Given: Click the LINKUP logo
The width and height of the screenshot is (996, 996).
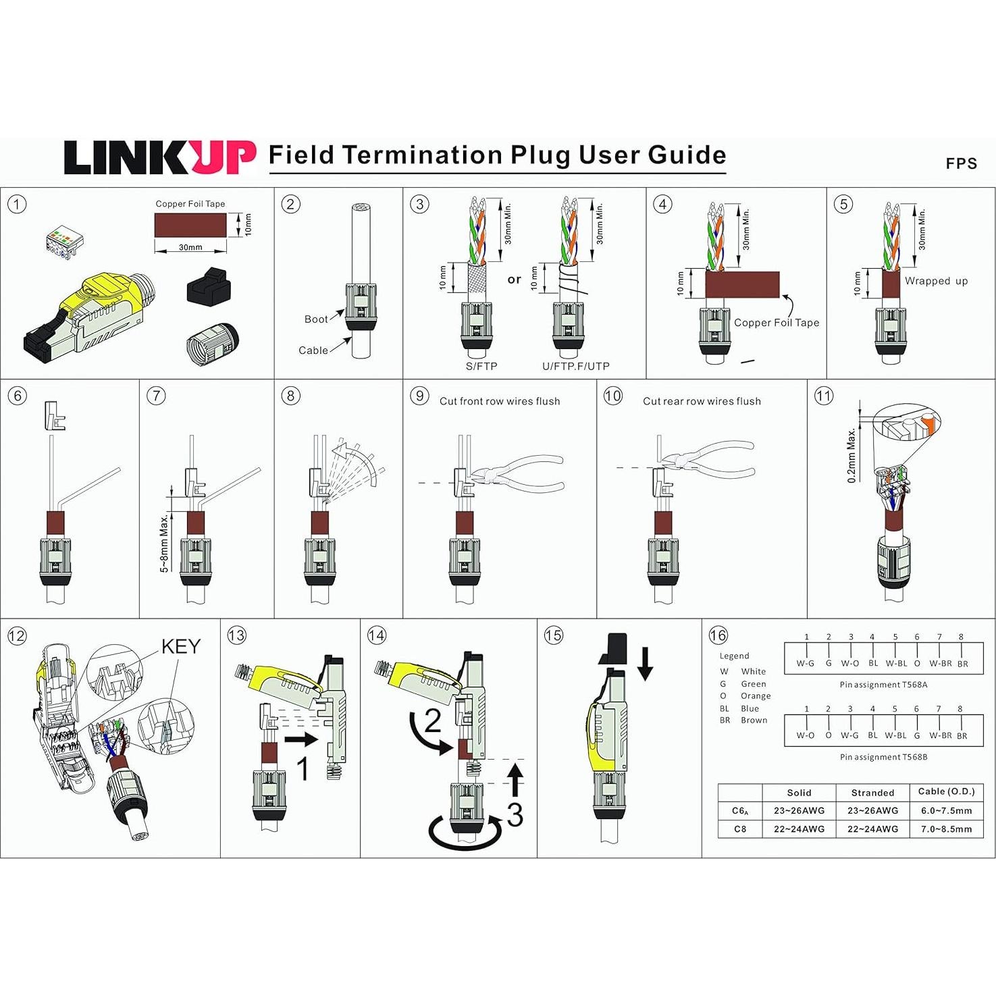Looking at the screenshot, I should pos(160,158).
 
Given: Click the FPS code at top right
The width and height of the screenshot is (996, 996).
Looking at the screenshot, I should pos(961,163).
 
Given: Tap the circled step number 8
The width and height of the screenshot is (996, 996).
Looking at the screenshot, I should pos(290,396).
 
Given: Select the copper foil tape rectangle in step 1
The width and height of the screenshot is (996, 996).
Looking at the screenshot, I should pos(190,226).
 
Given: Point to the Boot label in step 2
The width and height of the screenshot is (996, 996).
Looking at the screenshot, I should pos(315,319).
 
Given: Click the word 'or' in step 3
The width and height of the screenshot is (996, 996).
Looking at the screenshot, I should pos(515,280).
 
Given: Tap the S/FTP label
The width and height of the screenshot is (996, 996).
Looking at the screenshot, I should pos(481,366).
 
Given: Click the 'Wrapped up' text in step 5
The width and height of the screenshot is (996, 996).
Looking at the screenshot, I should pos(936,281).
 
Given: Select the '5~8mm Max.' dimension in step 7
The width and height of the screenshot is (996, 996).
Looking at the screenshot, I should pos(164,543).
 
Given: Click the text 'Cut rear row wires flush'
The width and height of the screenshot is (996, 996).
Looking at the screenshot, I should pos(702,401).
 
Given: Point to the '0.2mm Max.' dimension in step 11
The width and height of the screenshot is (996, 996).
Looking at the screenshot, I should pos(851,454).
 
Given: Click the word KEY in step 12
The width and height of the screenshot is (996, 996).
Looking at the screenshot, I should pos(180,646).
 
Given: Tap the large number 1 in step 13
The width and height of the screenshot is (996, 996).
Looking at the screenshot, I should pos(303,768).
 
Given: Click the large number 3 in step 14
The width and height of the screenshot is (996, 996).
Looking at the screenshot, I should pos(515,814).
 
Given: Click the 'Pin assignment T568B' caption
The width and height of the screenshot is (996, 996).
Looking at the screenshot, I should pos(883,757).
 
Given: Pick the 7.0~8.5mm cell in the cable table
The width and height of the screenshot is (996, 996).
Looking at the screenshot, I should pos(946,829).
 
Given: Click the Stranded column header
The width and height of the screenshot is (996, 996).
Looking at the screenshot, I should pos(872,793).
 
